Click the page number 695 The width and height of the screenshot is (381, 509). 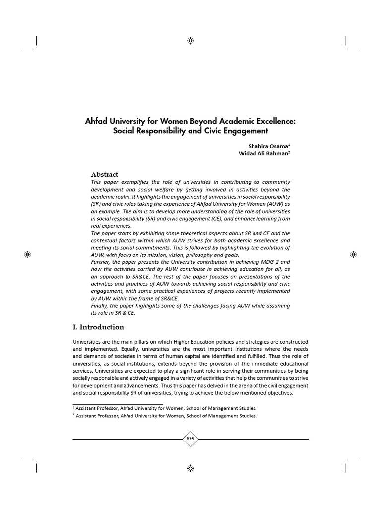pos(190,439)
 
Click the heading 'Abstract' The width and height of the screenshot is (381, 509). pos(104,174)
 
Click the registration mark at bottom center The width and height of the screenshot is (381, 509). pos(190,468)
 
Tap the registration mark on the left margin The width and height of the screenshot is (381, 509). pos(28,254)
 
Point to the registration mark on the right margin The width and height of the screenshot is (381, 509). pos(353,254)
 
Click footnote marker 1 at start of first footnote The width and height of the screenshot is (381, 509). pos(74,407)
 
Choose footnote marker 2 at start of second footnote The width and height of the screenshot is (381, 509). pos(74,416)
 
